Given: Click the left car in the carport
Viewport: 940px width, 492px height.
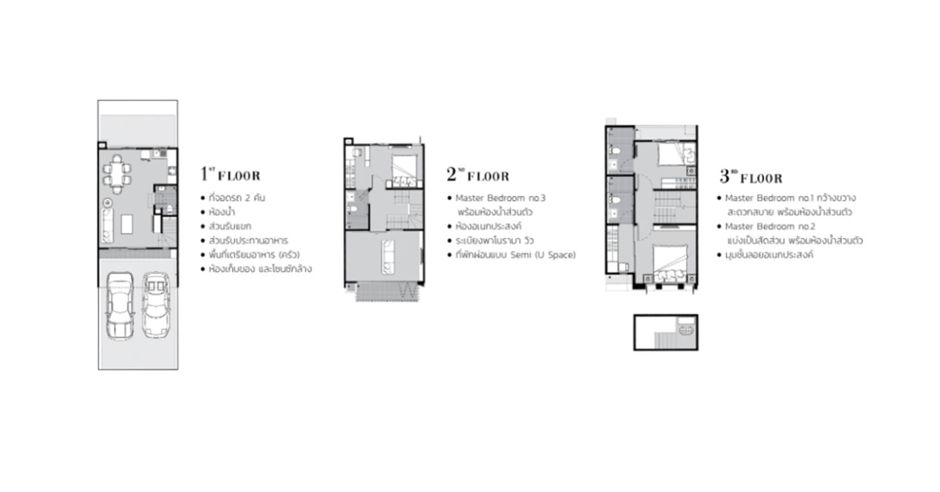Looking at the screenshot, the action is click(120, 305).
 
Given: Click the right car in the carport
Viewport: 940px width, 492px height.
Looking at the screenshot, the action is click(156, 305).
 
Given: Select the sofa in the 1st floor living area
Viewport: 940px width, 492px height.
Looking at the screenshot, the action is click(107, 226).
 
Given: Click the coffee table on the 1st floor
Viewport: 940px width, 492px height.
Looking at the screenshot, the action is click(127, 224).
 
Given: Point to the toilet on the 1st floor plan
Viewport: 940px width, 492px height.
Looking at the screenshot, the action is click(170, 209).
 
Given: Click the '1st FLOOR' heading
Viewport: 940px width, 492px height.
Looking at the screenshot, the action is click(231, 174).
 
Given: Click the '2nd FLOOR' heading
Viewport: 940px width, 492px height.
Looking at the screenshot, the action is click(478, 175).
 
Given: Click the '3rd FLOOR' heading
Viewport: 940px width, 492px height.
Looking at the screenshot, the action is click(751, 177).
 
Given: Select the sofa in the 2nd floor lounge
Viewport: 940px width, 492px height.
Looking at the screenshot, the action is click(388, 257).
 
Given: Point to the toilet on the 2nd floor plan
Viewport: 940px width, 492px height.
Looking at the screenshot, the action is click(352, 209).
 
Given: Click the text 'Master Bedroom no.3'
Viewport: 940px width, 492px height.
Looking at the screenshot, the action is click(500, 197).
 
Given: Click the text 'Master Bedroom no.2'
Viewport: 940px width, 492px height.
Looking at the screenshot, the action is click(770, 226).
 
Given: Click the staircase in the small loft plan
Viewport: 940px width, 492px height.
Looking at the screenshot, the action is click(665, 340).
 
